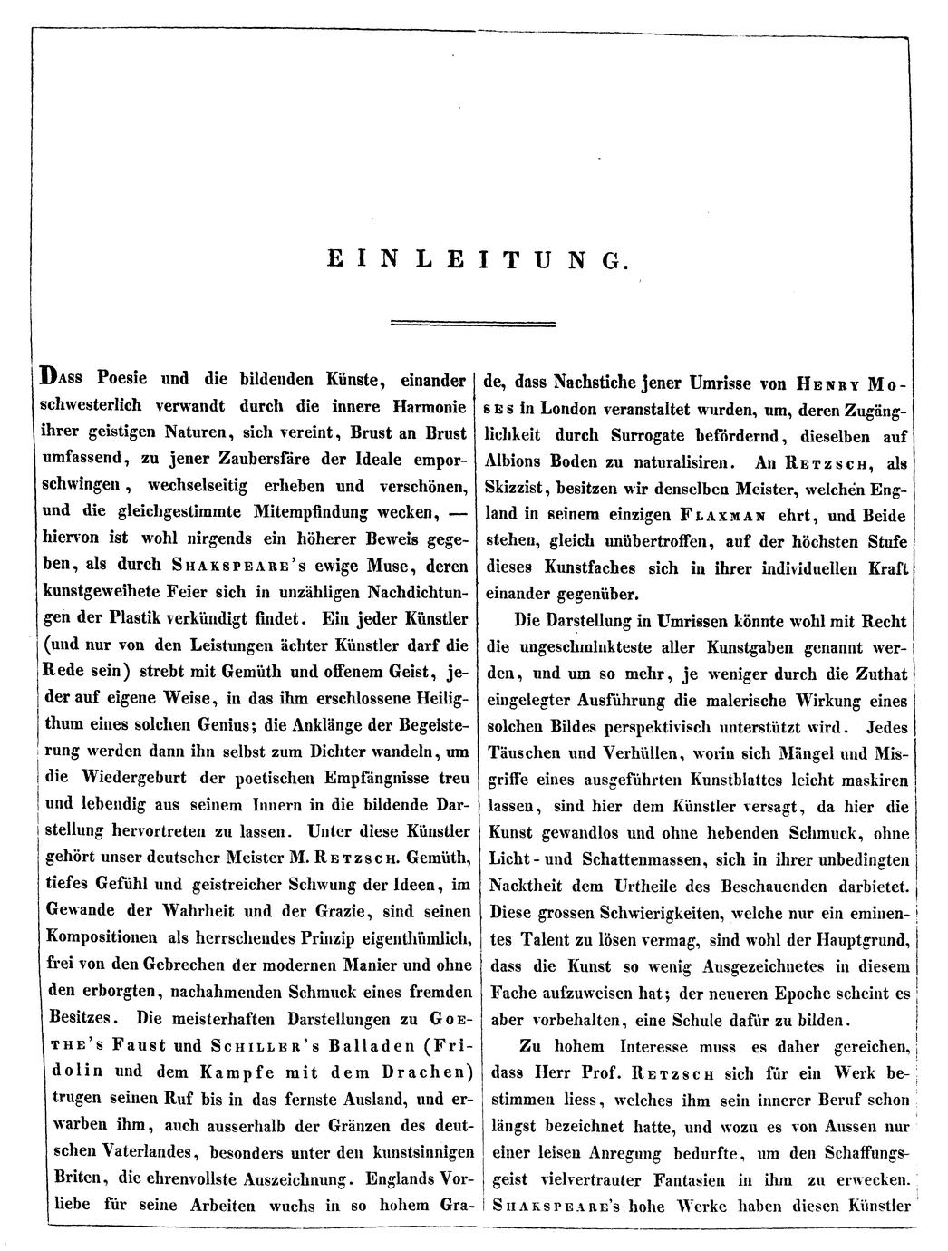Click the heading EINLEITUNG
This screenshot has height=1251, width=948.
[x=475, y=260]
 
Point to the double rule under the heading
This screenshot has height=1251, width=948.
[x=472, y=323]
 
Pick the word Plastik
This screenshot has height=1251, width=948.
[x=154, y=620]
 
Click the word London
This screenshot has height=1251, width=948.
[x=576, y=408]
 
